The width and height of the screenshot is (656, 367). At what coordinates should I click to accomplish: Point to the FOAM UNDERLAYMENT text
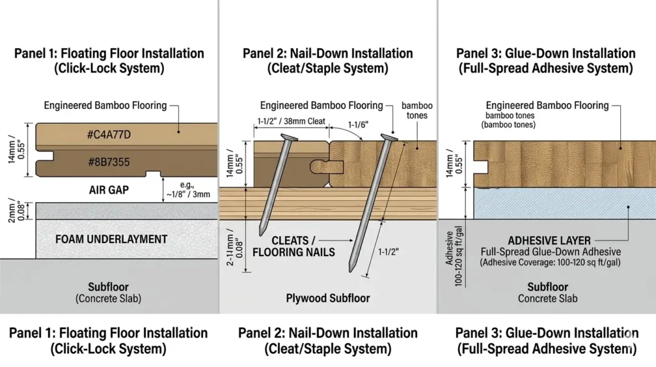(x=111, y=239)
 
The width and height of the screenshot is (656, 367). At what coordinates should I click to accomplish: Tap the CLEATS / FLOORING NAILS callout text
(x=293, y=246)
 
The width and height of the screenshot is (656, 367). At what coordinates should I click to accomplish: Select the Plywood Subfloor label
(x=327, y=298)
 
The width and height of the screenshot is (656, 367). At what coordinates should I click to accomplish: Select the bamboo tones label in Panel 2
(x=415, y=110)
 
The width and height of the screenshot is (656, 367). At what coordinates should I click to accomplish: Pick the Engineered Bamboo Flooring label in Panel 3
(x=547, y=105)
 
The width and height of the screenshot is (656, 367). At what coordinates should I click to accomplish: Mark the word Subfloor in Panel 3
(x=547, y=287)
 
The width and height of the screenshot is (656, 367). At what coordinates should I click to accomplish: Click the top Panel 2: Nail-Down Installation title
(x=327, y=53)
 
